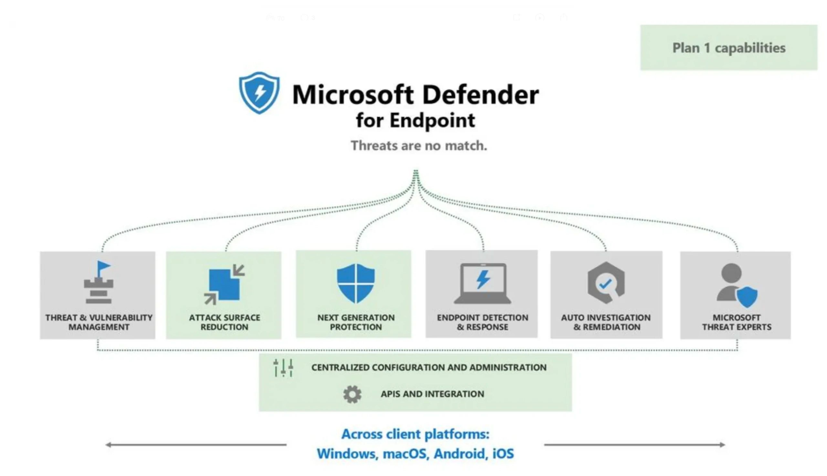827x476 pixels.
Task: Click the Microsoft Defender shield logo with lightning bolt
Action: [259, 93]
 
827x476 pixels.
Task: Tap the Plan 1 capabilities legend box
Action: [728, 48]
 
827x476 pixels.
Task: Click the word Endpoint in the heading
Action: [432, 120]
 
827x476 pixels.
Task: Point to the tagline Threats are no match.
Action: [419, 146]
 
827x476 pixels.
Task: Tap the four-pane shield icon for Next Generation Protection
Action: [356, 283]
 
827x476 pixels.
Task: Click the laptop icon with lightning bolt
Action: [483, 284]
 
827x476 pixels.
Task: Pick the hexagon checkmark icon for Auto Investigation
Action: [606, 283]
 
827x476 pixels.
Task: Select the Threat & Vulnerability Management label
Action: [99, 322]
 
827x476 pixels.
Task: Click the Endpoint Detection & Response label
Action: [483, 322]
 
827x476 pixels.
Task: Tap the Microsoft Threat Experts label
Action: [737, 322]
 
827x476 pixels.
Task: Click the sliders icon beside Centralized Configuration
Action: [283, 368]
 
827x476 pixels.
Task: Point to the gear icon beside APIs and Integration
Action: [352, 394]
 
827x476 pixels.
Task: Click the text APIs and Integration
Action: [432, 394]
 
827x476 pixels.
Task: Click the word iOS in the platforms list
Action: [503, 454]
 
